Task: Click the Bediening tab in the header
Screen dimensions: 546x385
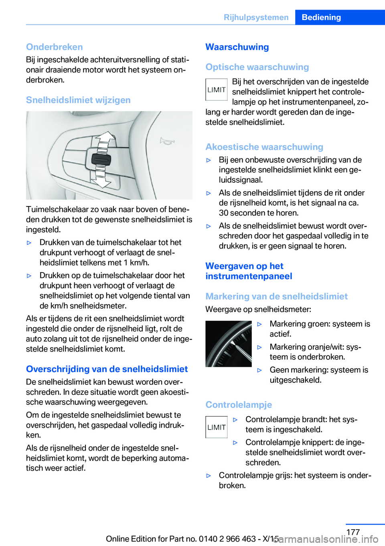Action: point(321,17)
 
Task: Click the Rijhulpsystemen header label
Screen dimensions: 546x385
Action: point(256,17)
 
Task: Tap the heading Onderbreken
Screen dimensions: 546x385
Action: point(55,47)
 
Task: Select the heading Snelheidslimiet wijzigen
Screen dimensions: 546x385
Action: point(78,100)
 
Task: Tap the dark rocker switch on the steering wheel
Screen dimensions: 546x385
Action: point(101,160)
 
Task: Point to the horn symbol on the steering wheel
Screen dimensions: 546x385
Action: point(167,141)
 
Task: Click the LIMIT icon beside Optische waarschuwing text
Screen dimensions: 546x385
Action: point(217,90)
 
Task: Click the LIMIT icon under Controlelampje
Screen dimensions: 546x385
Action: point(217,427)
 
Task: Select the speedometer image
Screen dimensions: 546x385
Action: point(229,344)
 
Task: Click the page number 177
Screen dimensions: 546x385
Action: point(353,532)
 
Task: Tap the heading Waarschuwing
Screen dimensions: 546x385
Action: point(237,47)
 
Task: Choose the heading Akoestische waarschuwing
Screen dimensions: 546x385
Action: point(264,147)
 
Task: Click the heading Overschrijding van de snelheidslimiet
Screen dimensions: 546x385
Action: point(107,369)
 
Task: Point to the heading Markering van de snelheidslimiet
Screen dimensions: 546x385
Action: point(276,296)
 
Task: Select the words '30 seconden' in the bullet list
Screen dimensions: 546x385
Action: point(240,213)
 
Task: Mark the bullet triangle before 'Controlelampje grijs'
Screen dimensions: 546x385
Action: point(209,476)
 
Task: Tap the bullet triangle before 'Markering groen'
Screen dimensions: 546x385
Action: point(259,324)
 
